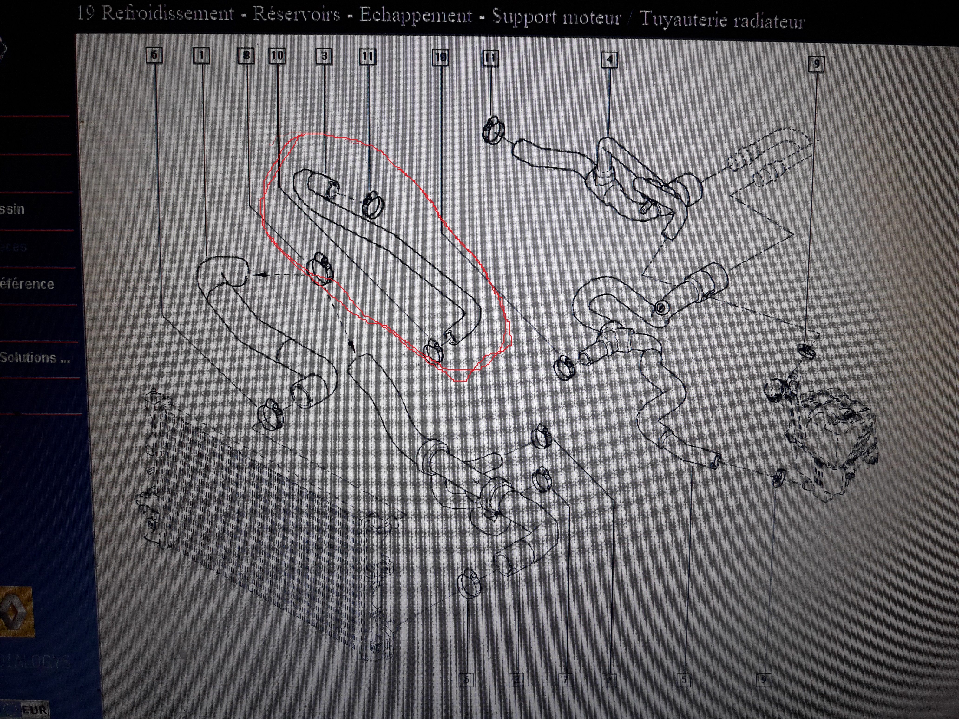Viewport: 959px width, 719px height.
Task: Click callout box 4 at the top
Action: click(609, 60)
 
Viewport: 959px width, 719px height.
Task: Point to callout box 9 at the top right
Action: click(816, 64)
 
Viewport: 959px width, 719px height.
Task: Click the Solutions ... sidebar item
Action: click(35, 358)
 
